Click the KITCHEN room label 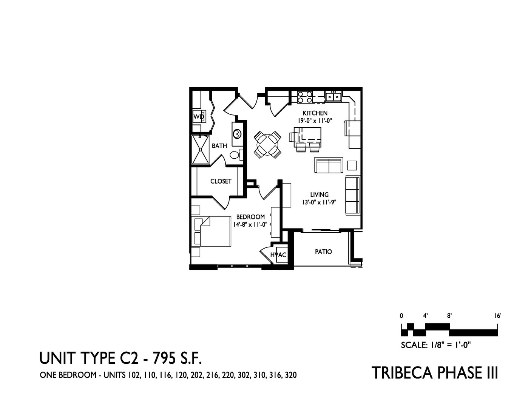click(315, 113)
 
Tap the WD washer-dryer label click(199, 117)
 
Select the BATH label click(219, 146)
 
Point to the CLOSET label click(221, 181)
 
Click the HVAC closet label click(278, 255)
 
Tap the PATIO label click(323, 252)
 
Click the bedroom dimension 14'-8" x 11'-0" click(250, 224)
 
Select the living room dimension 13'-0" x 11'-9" click(319, 202)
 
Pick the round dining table click(267, 144)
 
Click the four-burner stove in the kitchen click(305, 97)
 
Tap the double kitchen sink click(333, 97)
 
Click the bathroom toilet click(236, 155)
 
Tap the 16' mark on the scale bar click(497, 316)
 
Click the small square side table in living click(352, 165)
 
